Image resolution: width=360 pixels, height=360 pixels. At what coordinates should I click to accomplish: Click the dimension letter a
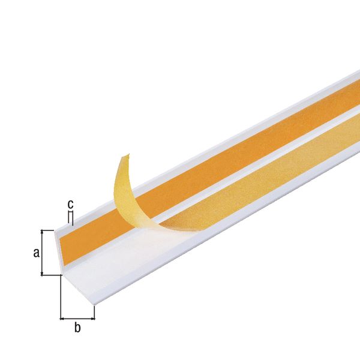36,253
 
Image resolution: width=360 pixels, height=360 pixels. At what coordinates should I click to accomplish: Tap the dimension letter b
77,327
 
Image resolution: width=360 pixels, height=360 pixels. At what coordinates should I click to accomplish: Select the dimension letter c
70,204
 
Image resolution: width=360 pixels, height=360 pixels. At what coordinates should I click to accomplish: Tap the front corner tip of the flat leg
95,305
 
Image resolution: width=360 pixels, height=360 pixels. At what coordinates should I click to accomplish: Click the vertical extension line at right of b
95,312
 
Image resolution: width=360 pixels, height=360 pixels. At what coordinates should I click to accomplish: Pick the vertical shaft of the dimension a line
43,252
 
